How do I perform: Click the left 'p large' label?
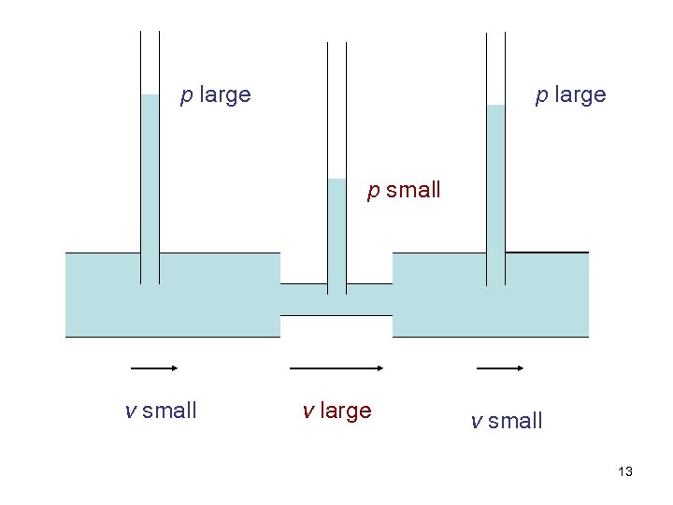[x=215, y=95]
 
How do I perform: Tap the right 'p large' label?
[x=570, y=95]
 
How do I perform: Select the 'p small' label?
[x=403, y=191]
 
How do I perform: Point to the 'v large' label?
[x=336, y=411]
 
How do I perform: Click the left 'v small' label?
[x=161, y=411]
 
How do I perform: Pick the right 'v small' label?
[x=507, y=421]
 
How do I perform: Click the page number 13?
[x=625, y=472]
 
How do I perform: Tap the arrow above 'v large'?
[x=336, y=368]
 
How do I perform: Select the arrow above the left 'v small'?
[x=154, y=368]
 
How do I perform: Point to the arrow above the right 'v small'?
[x=500, y=368]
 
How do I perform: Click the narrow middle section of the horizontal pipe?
[x=336, y=300]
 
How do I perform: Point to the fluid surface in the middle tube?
[x=336, y=180]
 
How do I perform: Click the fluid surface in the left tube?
[x=150, y=95]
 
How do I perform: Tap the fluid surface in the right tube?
[x=495, y=106]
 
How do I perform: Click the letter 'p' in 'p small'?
[x=373, y=192]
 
